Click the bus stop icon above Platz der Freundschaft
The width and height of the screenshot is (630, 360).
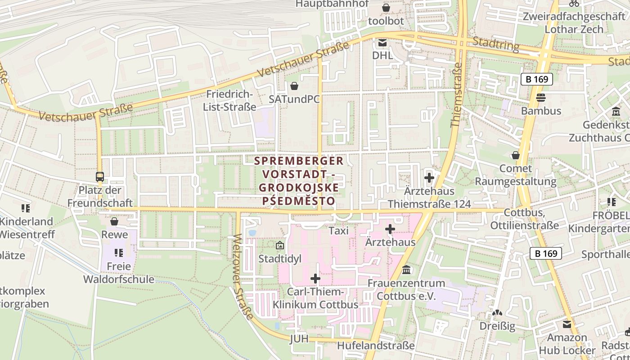point(100,177)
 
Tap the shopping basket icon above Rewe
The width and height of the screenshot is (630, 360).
point(114,221)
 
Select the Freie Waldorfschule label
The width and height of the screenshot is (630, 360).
point(119,273)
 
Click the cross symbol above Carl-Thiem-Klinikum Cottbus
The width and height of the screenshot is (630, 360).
point(315,279)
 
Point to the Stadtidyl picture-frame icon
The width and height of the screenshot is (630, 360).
point(280,246)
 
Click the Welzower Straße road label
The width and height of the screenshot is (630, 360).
point(243,276)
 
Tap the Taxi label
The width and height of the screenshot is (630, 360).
point(339,231)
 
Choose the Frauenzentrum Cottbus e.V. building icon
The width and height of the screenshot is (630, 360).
point(407,270)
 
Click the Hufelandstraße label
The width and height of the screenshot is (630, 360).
point(376,346)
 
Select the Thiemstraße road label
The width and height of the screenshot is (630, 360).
point(456,94)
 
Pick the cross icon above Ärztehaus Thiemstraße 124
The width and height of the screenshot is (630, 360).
point(429,178)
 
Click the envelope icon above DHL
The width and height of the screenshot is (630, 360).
point(382,43)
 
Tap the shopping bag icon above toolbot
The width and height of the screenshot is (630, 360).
point(386,8)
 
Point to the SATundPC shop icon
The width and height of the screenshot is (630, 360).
point(294,85)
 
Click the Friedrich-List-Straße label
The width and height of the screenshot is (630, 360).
point(229,100)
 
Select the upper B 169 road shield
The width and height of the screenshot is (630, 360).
point(536,79)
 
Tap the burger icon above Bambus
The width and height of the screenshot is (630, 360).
point(541,97)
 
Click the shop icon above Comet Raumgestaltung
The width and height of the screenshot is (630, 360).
point(516,155)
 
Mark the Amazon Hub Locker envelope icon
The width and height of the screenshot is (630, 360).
point(567,324)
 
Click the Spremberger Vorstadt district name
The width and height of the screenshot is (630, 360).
point(299,180)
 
